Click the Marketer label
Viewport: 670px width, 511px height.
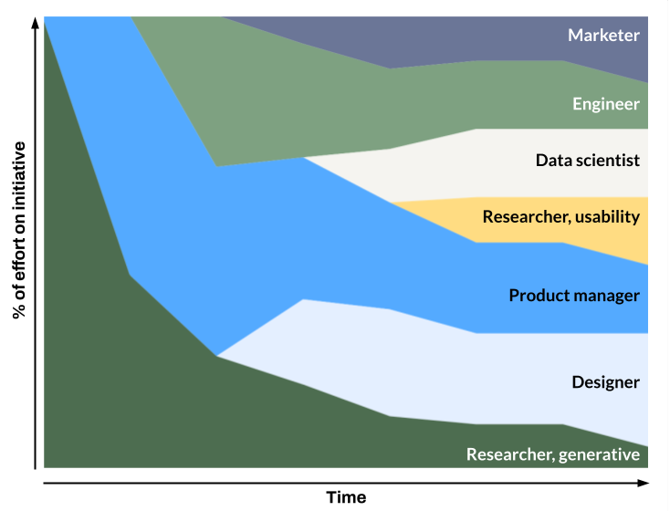[x=603, y=35]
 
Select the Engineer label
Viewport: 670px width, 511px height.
[x=606, y=104]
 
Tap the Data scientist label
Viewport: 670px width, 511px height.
[x=588, y=161]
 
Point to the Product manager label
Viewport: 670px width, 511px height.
[x=574, y=296]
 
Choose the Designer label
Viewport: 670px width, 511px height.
[x=605, y=382]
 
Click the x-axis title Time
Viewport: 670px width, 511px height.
[x=346, y=497]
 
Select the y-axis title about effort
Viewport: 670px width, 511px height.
[x=19, y=231]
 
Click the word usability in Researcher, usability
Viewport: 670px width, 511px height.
[x=607, y=216]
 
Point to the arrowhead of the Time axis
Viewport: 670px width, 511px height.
[x=644, y=484]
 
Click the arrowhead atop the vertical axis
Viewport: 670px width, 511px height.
[x=36, y=22]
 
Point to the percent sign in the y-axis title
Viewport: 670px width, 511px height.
[x=19, y=313]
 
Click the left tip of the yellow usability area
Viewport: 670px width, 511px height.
[x=392, y=202]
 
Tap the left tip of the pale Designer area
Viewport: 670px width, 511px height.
[x=217, y=356]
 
